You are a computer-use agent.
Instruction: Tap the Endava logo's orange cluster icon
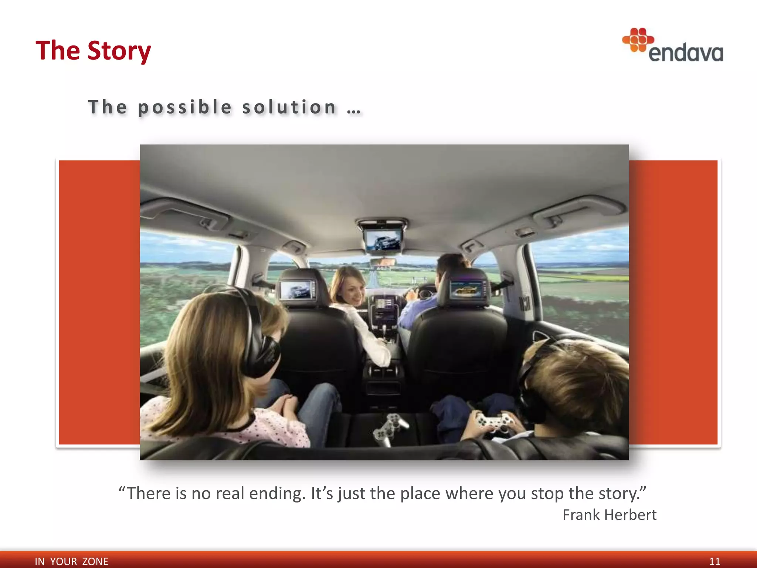coord(638,40)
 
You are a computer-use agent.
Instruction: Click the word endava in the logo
coord(686,53)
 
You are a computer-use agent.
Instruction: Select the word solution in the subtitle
coord(289,107)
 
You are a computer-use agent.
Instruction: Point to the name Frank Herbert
coord(609,515)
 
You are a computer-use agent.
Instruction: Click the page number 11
coord(714,561)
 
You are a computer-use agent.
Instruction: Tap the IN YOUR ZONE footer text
coord(71,561)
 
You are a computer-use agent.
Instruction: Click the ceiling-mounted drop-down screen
coord(383,240)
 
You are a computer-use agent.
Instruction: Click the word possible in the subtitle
coord(185,107)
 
